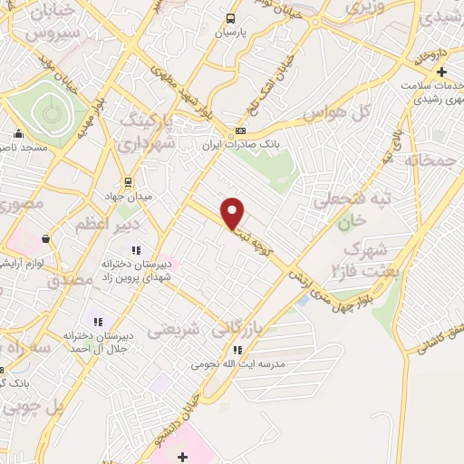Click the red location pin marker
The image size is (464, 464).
pos(233,211)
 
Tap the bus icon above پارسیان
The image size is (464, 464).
pos(231,18)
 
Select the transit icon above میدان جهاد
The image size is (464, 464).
pos(127,181)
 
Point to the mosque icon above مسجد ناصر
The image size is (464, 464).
pos(17,131)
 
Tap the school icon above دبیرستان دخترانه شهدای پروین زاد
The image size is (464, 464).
pos(136,250)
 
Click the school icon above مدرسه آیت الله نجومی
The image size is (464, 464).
pos(237,350)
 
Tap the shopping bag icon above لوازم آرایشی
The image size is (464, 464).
pos(45,238)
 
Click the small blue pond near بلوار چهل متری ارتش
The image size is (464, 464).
pos(302,299)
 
